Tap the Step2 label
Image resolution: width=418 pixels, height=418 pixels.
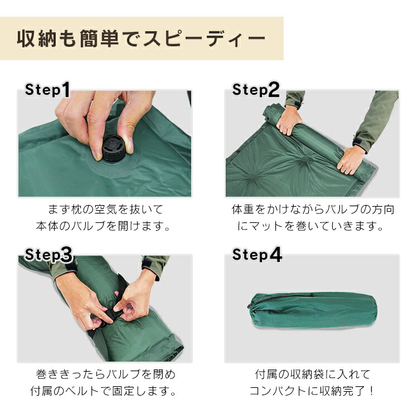coord(256,89)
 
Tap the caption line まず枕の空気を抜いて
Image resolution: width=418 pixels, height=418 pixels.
coord(105,210)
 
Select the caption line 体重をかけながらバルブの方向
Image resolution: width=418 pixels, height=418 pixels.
coord(313,210)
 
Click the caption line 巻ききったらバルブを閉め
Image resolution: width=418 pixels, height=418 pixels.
coord(105,374)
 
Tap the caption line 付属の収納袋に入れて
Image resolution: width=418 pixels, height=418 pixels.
coord(313,374)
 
